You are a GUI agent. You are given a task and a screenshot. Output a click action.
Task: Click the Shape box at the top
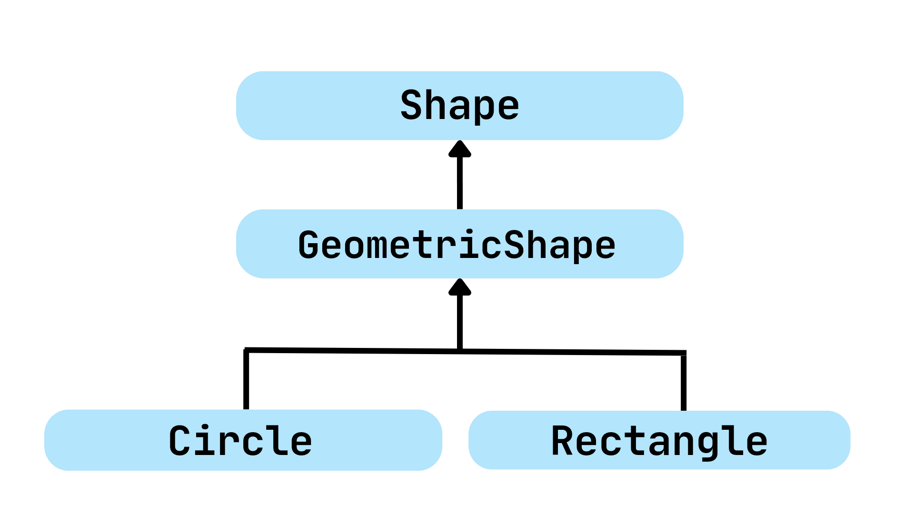point(459,106)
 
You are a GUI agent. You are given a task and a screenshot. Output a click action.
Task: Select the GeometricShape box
point(459,244)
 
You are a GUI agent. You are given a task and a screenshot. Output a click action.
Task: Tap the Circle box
point(243,440)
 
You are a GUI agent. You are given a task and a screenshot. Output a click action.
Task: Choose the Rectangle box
point(659,440)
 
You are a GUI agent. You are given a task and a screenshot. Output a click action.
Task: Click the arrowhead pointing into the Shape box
point(460,149)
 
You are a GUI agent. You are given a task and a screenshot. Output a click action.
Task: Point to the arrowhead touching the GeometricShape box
point(460,287)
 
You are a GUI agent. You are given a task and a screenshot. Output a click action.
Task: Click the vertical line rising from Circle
point(246,381)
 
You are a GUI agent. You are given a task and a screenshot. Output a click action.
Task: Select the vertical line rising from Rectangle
point(684,383)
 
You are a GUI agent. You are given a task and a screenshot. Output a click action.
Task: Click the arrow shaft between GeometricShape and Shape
point(460,183)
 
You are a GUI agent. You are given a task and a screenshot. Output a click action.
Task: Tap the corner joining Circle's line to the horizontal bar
point(246,350)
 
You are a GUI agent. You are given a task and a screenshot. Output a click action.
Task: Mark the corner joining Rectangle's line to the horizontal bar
point(684,353)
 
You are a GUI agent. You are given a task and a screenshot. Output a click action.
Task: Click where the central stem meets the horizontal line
point(460,351)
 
